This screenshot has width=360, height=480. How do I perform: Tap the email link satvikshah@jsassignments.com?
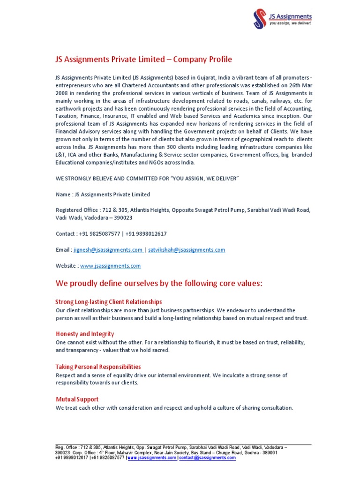(187, 250)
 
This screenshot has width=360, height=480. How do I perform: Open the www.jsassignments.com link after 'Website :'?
(111, 266)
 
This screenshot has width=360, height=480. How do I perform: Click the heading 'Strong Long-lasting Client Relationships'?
(109, 302)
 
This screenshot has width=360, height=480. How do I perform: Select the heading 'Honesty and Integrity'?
(85, 334)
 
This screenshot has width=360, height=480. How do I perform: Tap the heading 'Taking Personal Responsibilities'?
(98, 367)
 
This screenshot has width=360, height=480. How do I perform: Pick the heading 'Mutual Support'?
(77, 399)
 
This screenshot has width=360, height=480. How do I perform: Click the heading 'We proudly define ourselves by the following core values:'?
(159, 284)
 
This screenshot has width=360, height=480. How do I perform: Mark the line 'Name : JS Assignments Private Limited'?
(103, 194)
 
